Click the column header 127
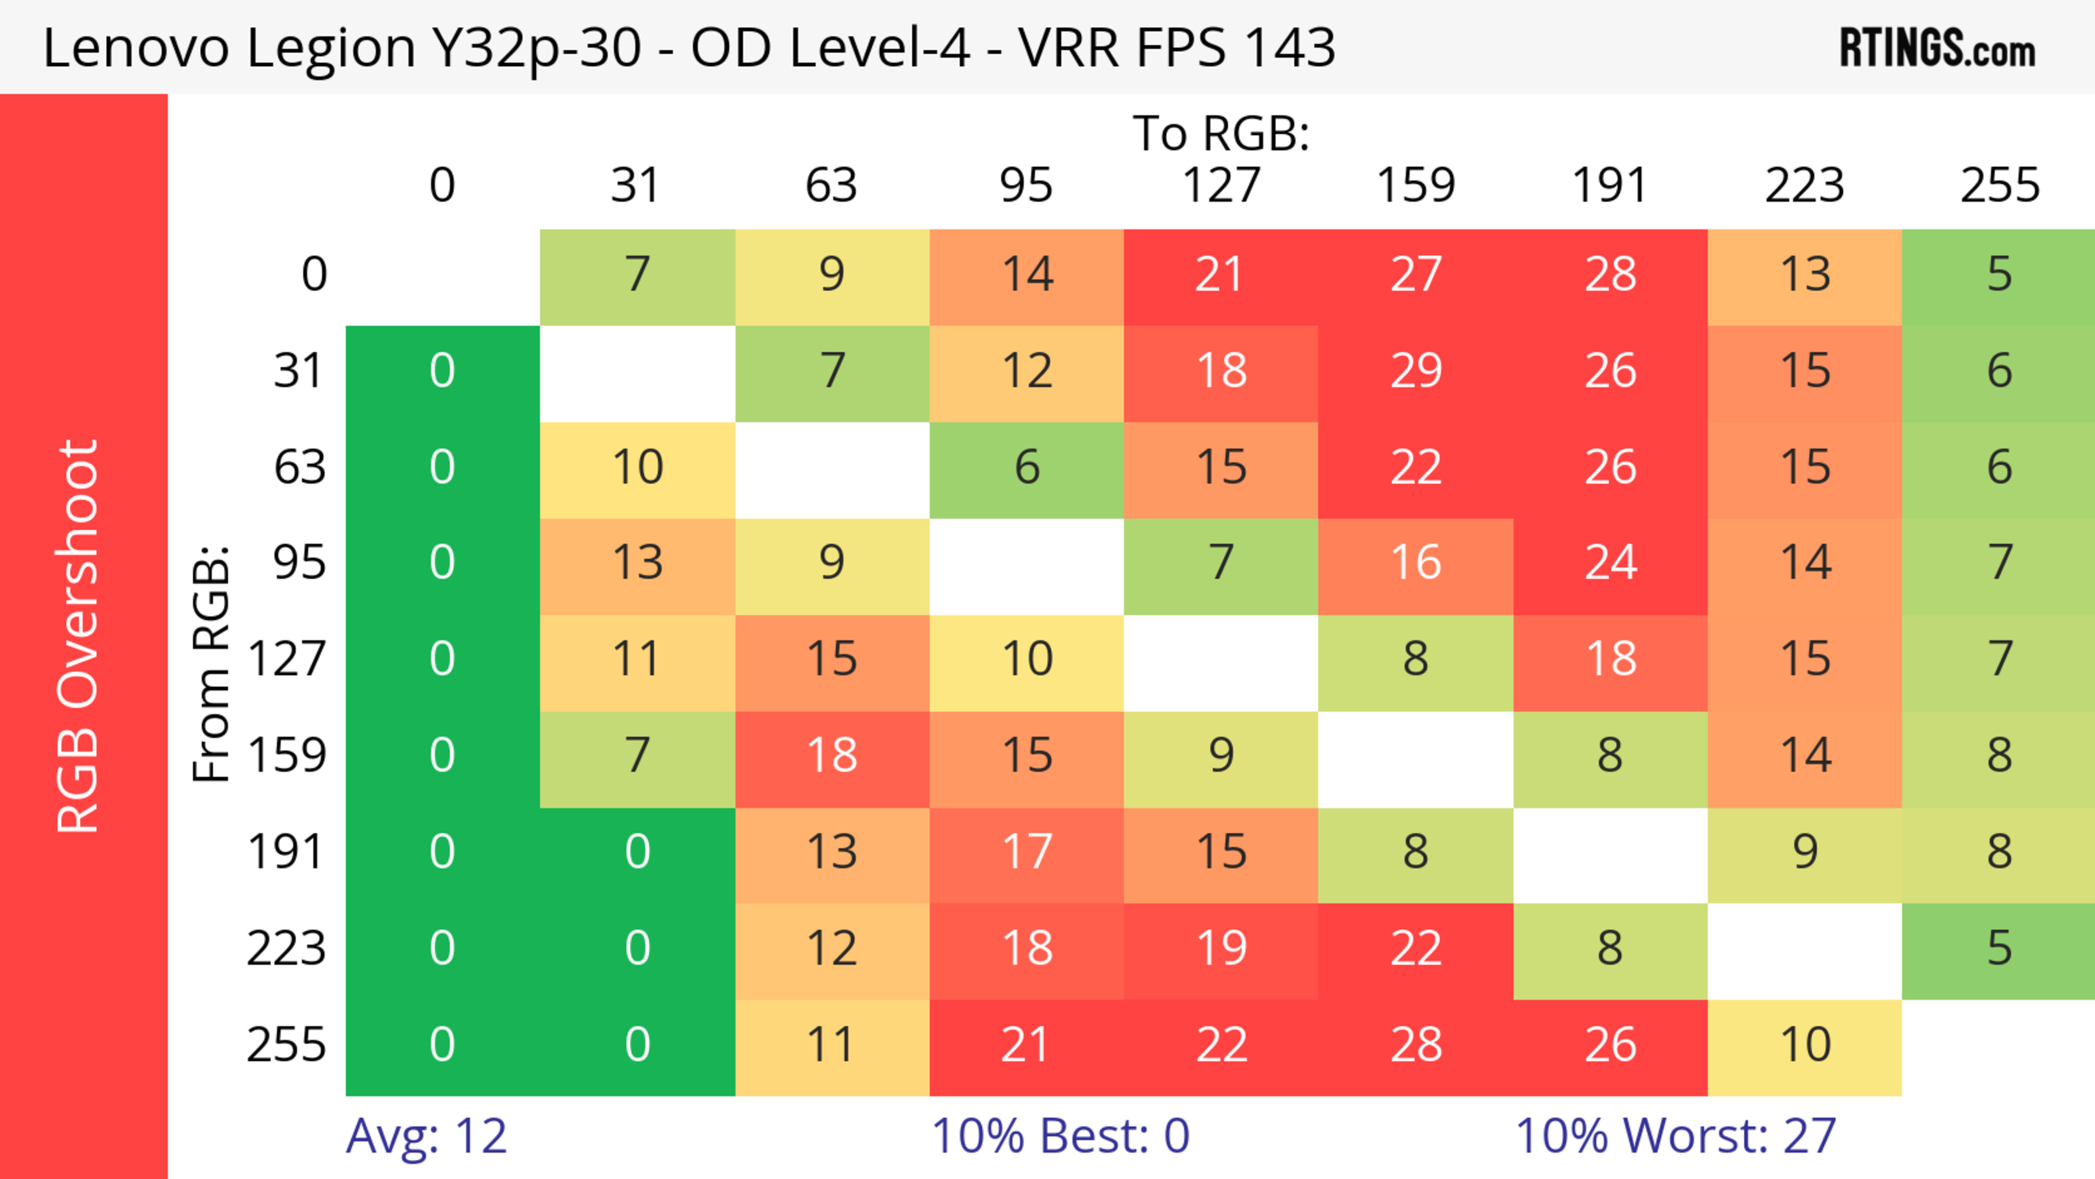pyautogui.click(x=1221, y=185)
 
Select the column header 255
pyautogui.click(x=1999, y=185)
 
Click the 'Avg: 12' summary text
pyautogui.click(x=426, y=1136)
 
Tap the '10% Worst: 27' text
pyautogui.click(x=1675, y=1136)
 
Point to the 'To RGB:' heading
pyautogui.click(x=1221, y=133)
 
